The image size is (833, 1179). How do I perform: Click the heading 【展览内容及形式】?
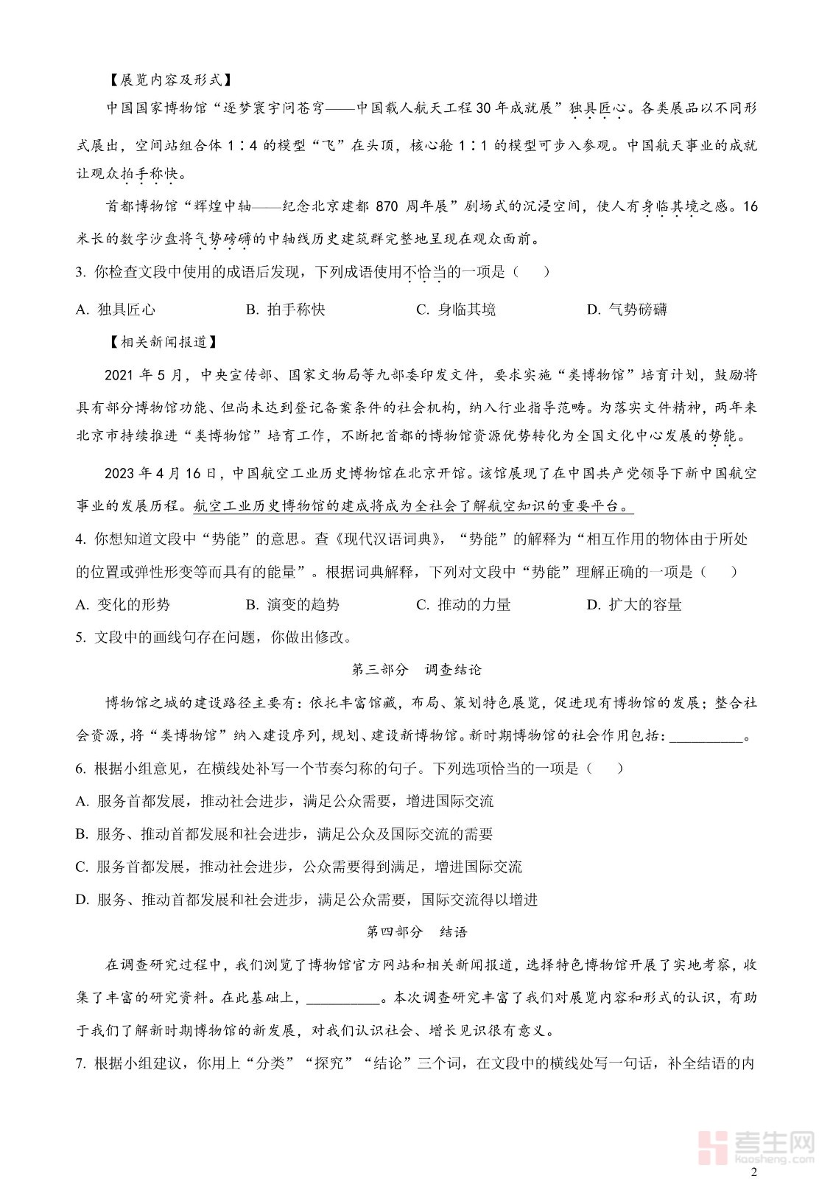[169, 80]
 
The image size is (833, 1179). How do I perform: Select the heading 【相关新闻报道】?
[163, 342]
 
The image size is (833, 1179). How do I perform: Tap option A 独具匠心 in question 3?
[116, 309]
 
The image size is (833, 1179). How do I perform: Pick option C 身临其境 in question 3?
[456, 309]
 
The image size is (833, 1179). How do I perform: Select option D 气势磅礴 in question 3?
[627, 309]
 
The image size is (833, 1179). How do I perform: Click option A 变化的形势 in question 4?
[123, 605]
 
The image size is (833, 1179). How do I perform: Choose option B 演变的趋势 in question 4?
[292, 605]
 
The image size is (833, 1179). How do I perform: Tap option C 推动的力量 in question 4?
[463, 605]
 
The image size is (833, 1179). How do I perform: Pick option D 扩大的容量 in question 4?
[634, 605]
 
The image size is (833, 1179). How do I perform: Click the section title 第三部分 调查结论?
[416, 670]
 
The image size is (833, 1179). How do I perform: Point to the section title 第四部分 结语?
[416, 932]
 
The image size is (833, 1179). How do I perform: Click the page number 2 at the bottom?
[753, 1172]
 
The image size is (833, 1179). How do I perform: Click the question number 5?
[80, 637]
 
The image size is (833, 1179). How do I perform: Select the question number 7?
[80, 1063]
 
